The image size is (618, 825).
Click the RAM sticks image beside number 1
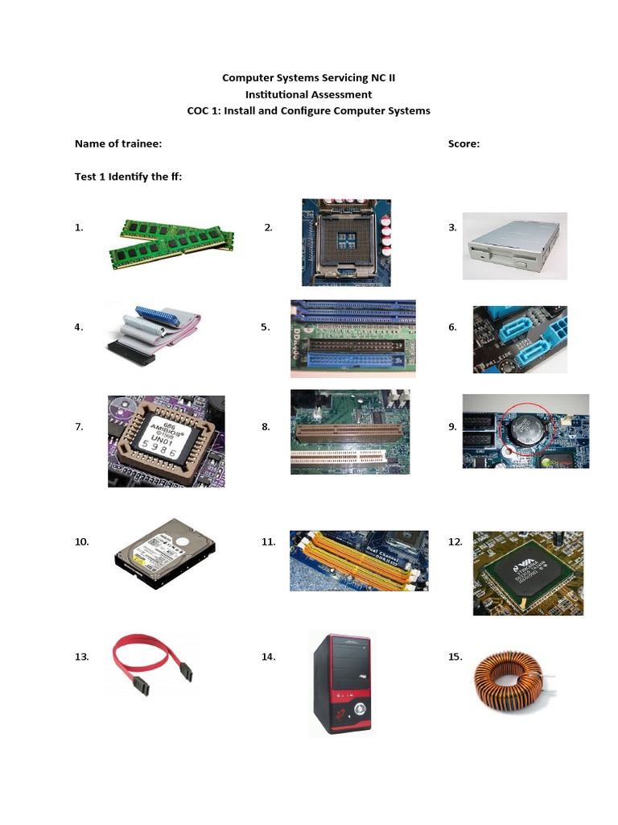coord(171,239)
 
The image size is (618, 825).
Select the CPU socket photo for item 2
coord(346,243)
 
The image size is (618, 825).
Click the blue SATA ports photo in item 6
coord(520,340)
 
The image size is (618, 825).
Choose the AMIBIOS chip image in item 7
coord(167,441)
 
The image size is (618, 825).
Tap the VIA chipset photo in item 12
coord(527,573)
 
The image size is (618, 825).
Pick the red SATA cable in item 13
coord(153,665)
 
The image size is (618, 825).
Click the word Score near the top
coord(463,144)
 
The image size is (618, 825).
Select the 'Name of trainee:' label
coord(118,144)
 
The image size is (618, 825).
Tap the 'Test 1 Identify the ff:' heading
coord(128,176)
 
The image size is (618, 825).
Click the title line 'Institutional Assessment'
coord(309,94)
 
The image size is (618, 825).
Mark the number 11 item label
coord(269,542)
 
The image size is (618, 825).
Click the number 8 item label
coord(266,427)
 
